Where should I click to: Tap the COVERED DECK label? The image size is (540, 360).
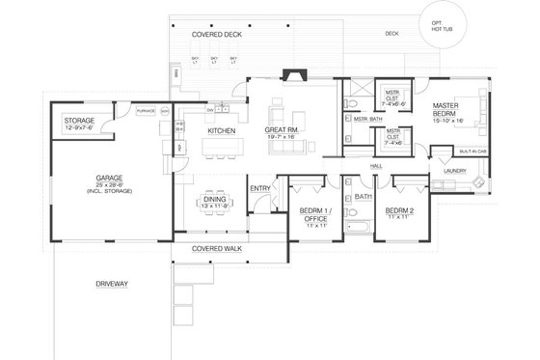point(215,34)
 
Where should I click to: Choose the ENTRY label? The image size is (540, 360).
point(258,188)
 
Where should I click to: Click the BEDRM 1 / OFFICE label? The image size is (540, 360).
point(313,214)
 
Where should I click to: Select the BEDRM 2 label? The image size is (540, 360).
point(398,210)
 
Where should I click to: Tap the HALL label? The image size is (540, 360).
point(376,166)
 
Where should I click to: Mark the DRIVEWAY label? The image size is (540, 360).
point(112,284)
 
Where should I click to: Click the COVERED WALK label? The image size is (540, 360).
point(216,249)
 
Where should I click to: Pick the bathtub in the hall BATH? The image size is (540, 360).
point(356,229)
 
